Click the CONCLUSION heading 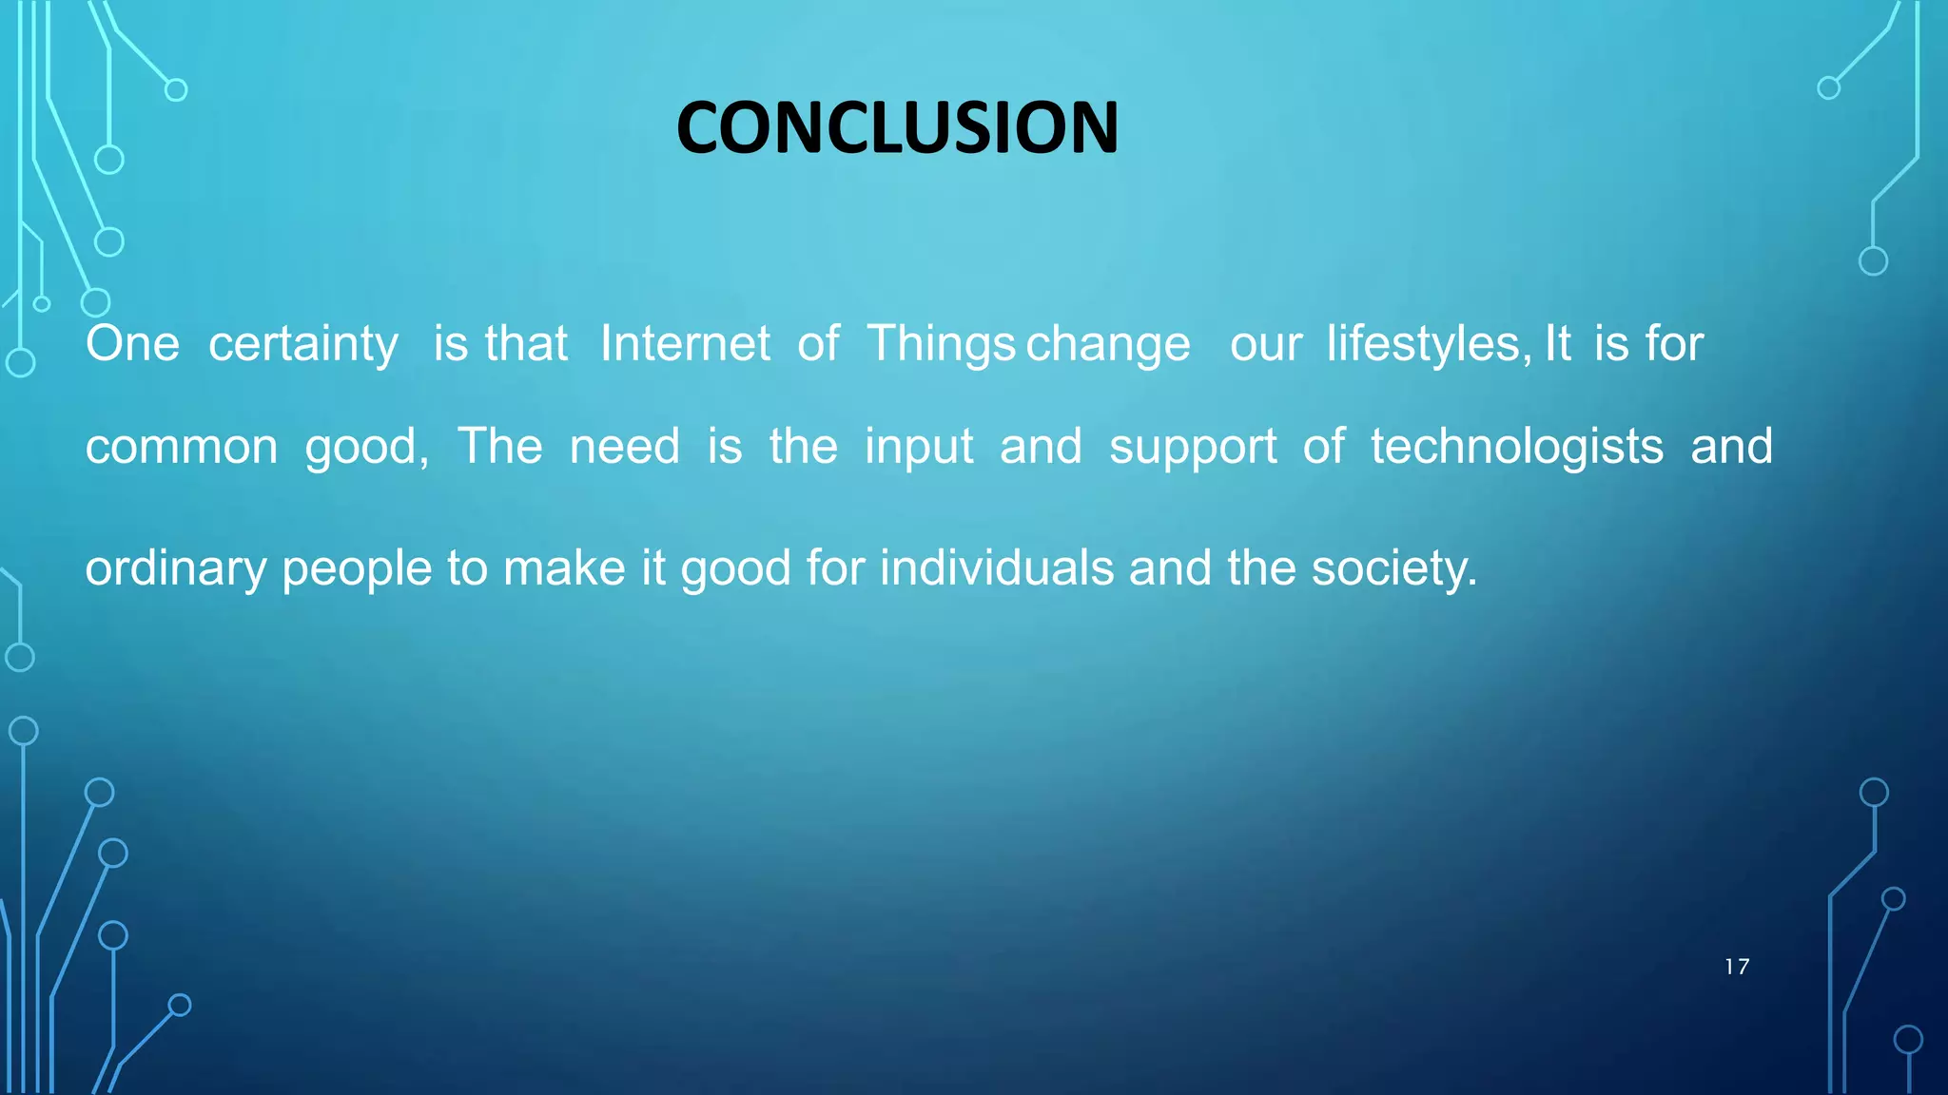click(x=897, y=127)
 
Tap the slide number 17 click(x=1736, y=967)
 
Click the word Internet click(x=685, y=343)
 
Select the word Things click(x=941, y=345)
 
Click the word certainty click(x=303, y=345)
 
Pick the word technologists click(x=1517, y=448)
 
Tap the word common click(x=181, y=447)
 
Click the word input click(x=919, y=448)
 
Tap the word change click(x=1108, y=345)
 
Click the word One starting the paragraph click(x=132, y=343)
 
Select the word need click(x=625, y=447)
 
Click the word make click(x=564, y=568)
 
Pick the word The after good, click(x=499, y=446)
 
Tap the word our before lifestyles click(x=1265, y=344)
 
